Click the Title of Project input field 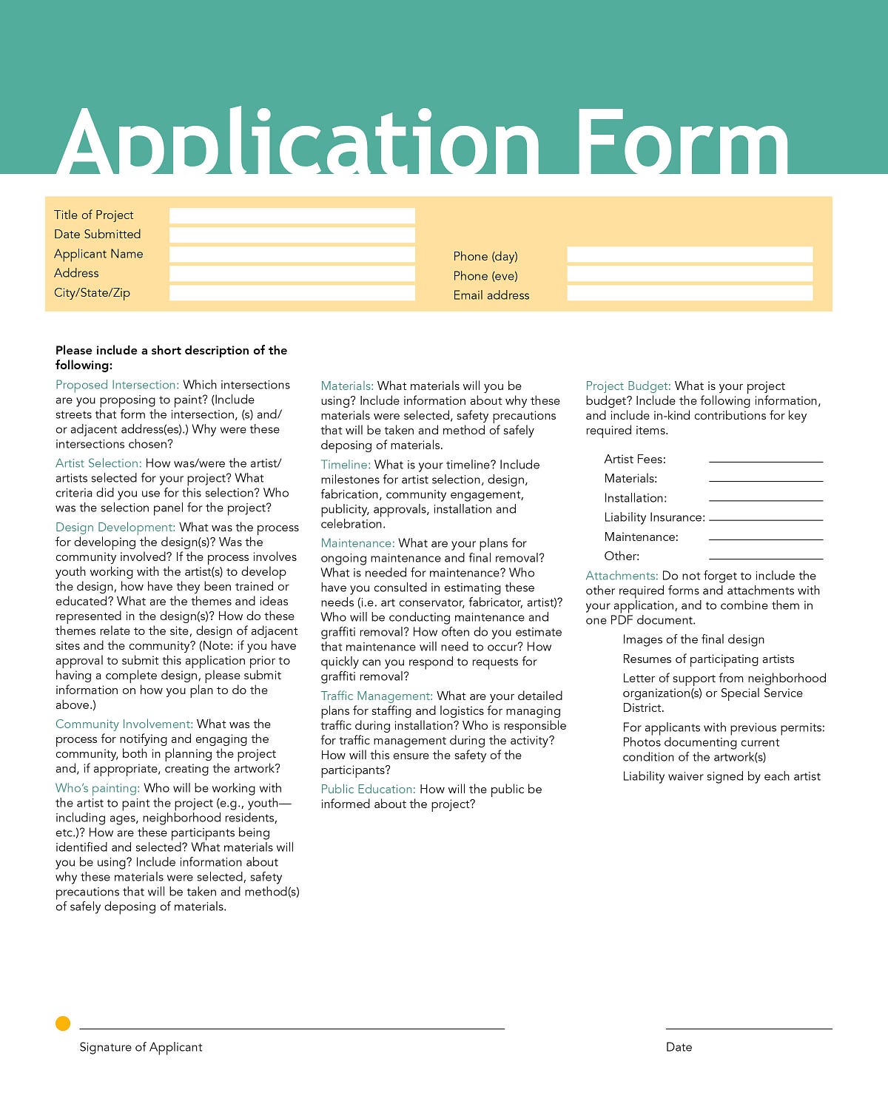click(292, 216)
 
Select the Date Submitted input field click(292, 235)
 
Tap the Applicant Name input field click(292, 255)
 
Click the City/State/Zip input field click(292, 293)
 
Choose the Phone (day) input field click(690, 255)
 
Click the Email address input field click(690, 293)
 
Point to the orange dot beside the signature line click(63, 1023)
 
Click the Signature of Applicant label click(141, 1047)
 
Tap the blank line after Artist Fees click(766, 460)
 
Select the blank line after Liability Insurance click(766, 518)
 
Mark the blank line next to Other click(766, 556)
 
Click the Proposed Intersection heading click(117, 385)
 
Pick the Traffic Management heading click(377, 696)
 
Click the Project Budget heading click(628, 386)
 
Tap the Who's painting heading click(97, 788)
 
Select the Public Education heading click(368, 790)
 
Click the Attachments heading click(622, 576)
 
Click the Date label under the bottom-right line click(679, 1047)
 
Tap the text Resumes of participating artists click(708, 659)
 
